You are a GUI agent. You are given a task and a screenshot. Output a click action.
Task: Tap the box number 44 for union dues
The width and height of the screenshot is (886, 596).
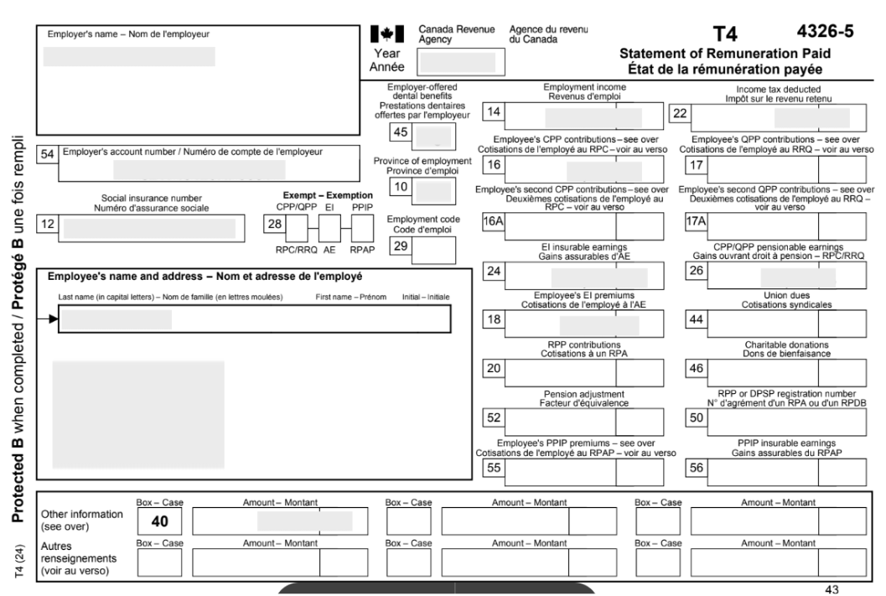pyautogui.click(x=695, y=321)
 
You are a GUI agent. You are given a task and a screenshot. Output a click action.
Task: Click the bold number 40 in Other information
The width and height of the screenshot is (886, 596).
pyautogui.click(x=160, y=521)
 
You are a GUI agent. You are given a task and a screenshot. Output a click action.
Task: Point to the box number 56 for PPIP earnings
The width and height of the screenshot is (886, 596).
pyautogui.click(x=695, y=469)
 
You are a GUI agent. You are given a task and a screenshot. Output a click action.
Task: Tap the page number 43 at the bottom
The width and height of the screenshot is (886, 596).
pyautogui.click(x=832, y=589)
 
